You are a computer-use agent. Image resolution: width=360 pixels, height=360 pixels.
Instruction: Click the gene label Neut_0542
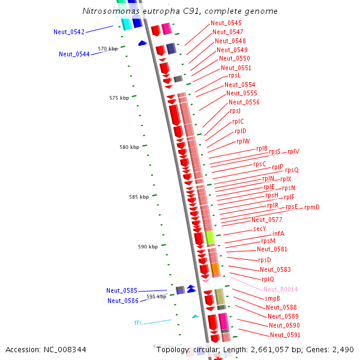68,32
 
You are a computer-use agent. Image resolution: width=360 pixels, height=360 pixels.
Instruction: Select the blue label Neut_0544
74,54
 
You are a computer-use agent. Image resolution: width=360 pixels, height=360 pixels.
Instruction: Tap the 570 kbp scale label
108,49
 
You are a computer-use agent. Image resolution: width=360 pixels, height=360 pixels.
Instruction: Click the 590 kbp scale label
148,247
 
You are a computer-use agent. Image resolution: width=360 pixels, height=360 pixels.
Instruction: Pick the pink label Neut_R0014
280,289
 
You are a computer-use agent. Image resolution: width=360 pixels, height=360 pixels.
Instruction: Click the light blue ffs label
138,323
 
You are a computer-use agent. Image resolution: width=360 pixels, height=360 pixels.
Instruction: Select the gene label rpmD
311,208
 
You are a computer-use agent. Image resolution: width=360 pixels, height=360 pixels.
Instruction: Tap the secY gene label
259,229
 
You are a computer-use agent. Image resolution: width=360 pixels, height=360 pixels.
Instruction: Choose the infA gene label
278,233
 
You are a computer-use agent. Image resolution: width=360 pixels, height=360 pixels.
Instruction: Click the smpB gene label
272,298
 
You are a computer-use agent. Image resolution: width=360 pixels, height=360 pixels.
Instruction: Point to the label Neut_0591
285,335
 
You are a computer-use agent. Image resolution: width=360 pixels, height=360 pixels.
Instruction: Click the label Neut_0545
226,23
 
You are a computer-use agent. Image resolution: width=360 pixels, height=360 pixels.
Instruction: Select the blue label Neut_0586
122,301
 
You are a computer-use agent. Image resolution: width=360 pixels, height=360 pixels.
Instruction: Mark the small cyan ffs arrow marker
196,316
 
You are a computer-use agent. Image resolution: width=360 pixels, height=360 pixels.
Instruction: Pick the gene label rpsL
235,76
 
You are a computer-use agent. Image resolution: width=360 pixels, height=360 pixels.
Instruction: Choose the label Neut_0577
266,220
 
